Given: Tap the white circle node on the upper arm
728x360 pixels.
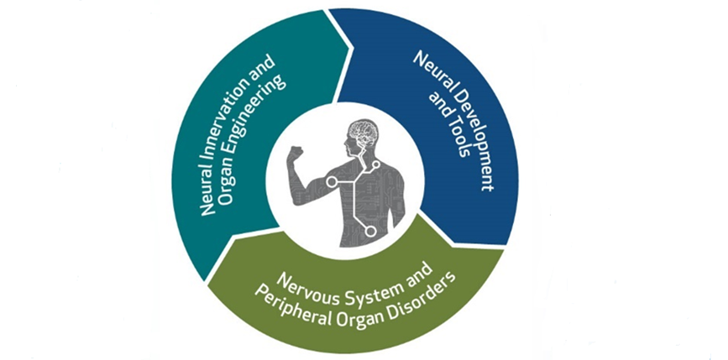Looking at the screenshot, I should click(x=332, y=181).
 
